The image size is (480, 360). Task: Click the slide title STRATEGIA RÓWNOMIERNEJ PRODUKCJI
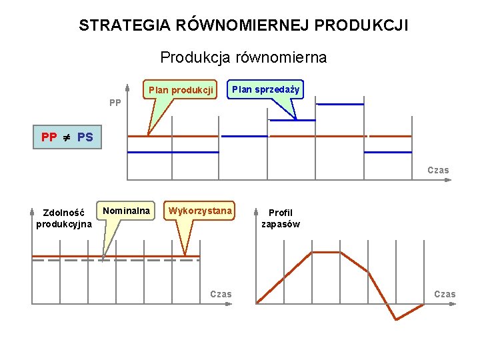point(243,26)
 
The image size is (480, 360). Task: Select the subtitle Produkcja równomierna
point(243,57)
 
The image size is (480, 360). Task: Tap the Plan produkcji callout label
point(181,89)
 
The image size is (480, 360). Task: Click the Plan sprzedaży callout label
point(266,89)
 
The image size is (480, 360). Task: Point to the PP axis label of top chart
point(115,103)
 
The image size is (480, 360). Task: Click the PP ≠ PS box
point(67,138)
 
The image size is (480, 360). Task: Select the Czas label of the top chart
point(438,170)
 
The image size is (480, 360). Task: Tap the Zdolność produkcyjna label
point(64,218)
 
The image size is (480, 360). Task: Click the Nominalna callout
point(126,211)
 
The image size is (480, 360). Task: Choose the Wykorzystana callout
point(200,211)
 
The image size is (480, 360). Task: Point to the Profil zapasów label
point(280,218)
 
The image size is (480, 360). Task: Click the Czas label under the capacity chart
point(221,293)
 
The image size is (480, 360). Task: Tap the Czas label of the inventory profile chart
point(445,294)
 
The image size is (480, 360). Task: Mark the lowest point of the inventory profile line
point(396,319)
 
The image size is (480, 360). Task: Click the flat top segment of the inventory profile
point(326,252)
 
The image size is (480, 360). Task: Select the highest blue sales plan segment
point(339,104)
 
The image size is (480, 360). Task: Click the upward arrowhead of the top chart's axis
point(127,87)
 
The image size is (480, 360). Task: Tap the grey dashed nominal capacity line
point(67,261)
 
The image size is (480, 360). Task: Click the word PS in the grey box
point(85,138)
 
